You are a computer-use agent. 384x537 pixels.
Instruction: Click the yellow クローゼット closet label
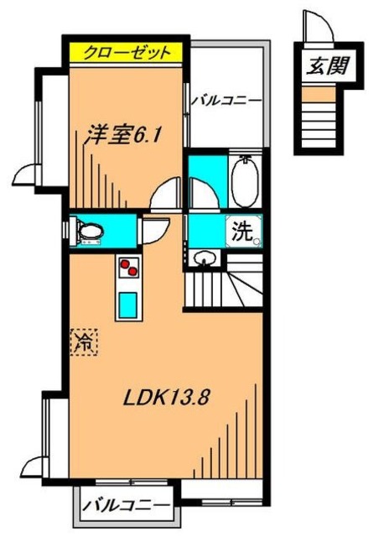[x=126, y=52]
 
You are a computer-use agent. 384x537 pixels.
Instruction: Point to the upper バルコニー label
[x=226, y=101]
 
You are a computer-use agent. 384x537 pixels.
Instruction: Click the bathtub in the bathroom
[x=244, y=181]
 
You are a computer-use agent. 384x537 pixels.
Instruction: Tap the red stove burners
[x=129, y=268]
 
